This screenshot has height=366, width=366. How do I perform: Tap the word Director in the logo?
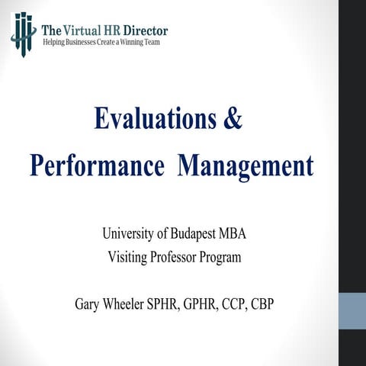[x=146, y=30]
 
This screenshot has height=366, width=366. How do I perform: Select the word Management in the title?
[x=245, y=165]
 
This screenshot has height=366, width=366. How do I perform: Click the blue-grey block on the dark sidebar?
[x=352, y=313]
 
